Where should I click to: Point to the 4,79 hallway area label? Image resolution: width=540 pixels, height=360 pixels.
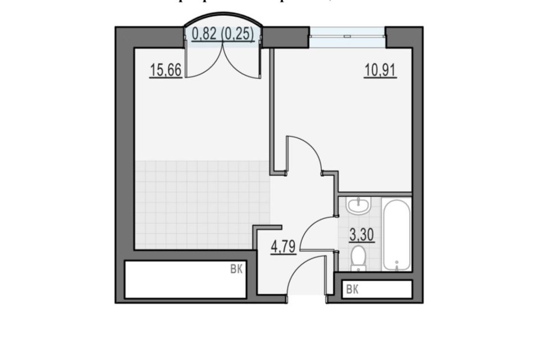pos(283,247)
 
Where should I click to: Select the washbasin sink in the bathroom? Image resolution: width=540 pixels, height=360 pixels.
pos(358,206)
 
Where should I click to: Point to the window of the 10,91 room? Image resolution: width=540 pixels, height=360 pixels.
pos(347,35)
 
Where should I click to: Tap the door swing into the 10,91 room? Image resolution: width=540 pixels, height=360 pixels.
pos(307,152)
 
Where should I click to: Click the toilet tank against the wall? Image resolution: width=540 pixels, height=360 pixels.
pos(358,268)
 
